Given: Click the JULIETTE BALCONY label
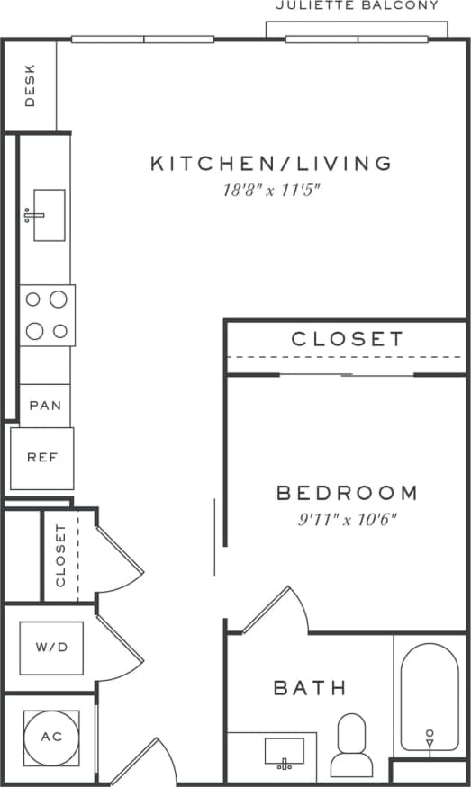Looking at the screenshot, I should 358,6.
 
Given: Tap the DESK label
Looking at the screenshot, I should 30,86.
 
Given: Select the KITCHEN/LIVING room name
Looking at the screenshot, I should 271,163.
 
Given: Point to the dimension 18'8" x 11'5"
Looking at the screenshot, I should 271,190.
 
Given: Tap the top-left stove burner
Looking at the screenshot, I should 34,300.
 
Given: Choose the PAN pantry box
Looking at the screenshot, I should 45,406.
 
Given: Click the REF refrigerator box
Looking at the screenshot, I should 42,458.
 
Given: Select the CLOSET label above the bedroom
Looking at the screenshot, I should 348,339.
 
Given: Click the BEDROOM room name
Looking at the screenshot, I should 347,493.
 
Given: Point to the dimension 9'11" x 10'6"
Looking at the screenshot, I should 347,519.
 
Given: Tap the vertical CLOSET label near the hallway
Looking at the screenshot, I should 61,555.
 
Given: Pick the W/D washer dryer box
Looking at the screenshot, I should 47,648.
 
